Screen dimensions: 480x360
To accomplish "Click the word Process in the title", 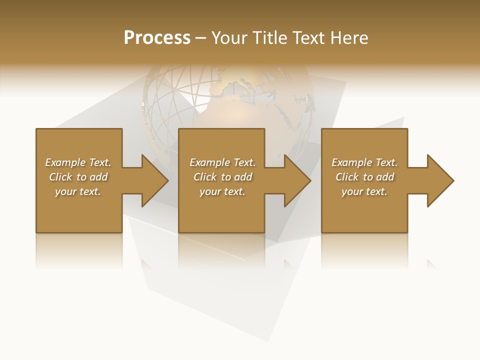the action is [x=157, y=38].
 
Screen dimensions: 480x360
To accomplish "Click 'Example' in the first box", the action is [x=65, y=162].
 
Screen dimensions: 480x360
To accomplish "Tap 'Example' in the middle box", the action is [x=209, y=162].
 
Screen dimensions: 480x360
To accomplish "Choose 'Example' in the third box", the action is [x=351, y=162].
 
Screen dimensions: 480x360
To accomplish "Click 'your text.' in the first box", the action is [x=77, y=191].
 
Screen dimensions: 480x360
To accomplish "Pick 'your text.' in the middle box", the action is [x=222, y=191].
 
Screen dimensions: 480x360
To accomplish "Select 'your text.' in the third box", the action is [x=364, y=191].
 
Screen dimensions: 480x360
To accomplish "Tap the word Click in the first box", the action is [x=60, y=177].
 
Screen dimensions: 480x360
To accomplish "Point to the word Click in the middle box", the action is [x=204, y=177].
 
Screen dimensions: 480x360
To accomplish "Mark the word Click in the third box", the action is [x=347, y=177].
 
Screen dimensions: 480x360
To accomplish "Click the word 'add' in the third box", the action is [x=385, y=177].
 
